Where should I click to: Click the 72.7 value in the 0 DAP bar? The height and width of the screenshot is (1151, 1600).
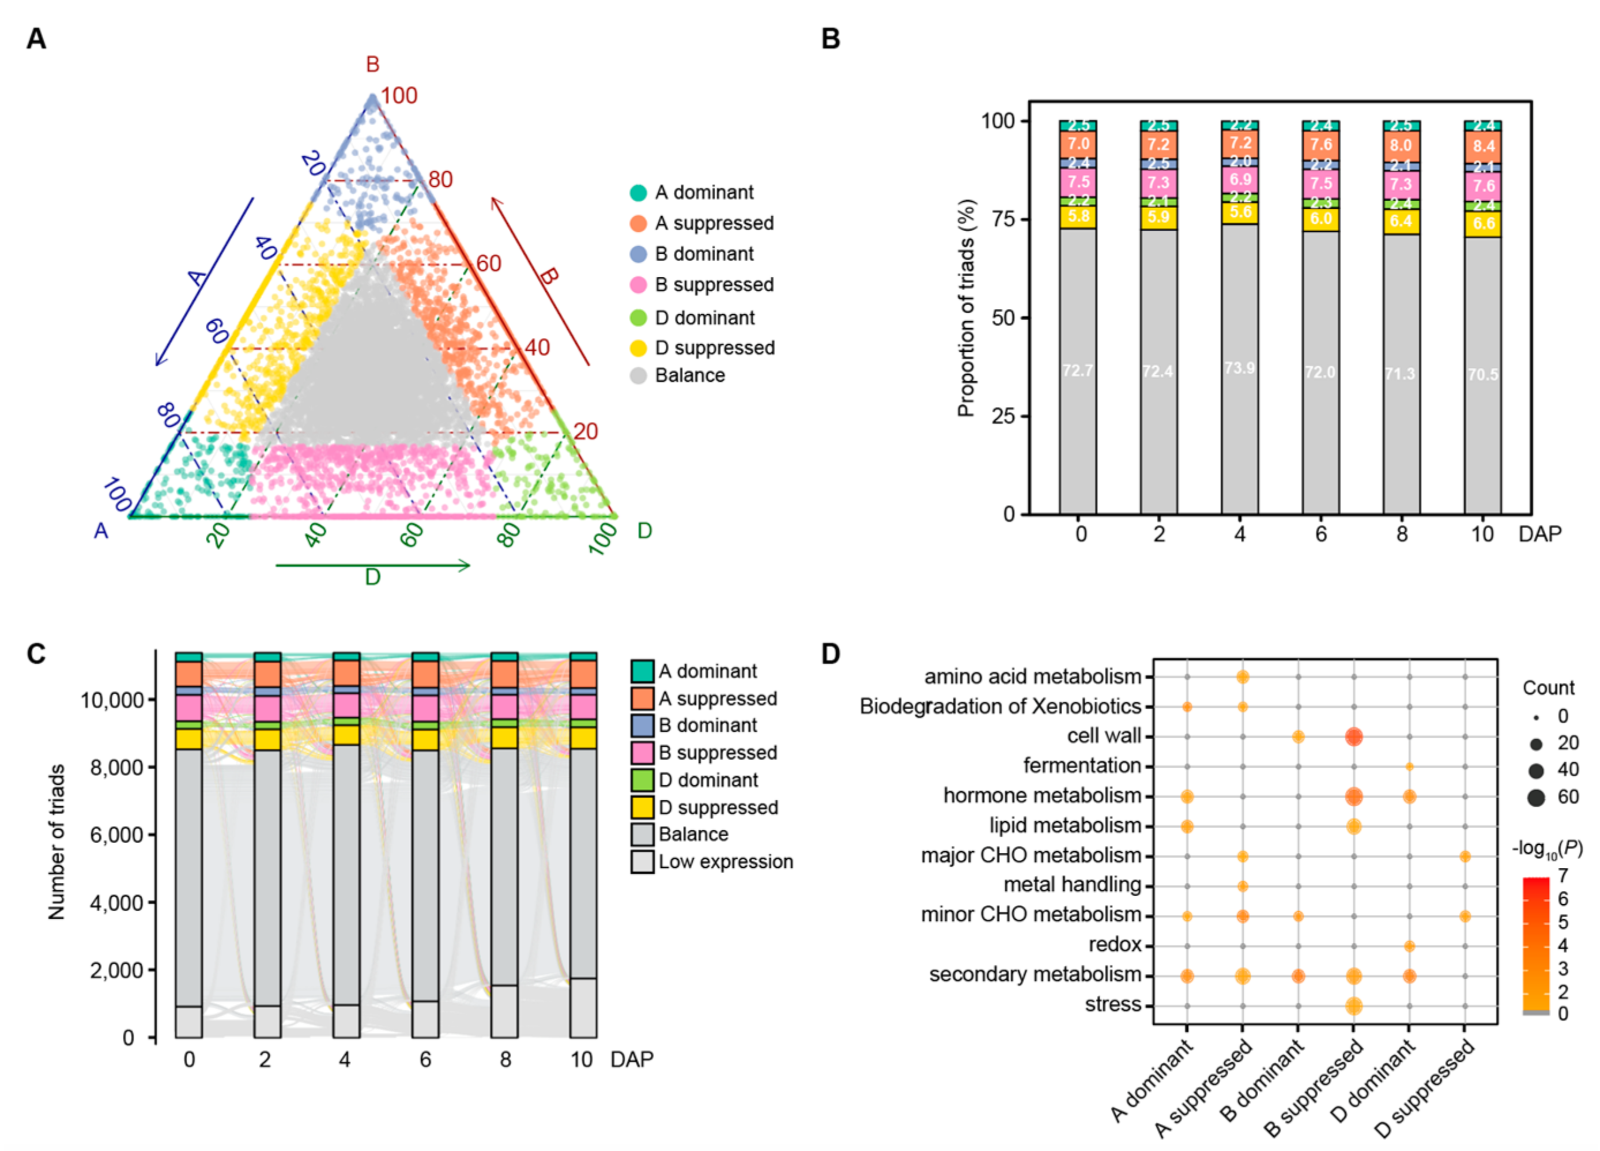1077,370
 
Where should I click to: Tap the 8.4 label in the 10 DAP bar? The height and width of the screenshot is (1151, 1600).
1483,147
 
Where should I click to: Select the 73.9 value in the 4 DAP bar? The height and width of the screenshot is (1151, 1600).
1240,368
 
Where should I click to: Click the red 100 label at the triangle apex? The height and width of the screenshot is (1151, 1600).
399,95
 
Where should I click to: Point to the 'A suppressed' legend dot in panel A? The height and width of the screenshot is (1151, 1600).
637,224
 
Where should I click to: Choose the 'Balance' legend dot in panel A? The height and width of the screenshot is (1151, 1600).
637,375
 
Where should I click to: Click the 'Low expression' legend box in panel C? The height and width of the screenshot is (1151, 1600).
642,862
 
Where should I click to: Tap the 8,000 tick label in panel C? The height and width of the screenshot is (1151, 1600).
116,767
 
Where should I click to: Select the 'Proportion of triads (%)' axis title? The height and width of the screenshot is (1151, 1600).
966,309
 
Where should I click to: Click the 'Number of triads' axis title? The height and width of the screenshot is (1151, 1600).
56,842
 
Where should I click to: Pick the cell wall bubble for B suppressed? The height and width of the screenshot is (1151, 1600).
1353,737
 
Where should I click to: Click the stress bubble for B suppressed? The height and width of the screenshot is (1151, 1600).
1353,1006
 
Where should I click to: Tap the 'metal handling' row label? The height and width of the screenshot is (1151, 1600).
1071,885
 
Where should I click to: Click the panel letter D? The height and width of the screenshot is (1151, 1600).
831,654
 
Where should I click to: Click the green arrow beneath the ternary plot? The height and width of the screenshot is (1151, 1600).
372,565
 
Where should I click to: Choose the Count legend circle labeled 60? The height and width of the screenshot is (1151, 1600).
1536,798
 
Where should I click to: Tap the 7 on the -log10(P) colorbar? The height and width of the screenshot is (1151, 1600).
1563,876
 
